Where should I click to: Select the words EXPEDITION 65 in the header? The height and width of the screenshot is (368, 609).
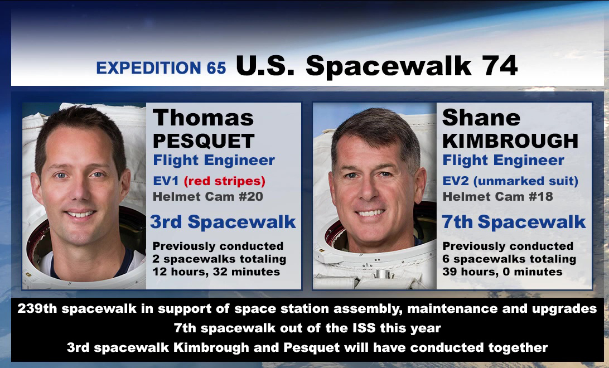click(161, 68)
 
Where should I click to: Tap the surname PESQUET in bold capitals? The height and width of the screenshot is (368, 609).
click(204, 141)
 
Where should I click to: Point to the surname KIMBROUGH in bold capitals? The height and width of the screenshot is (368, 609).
click(510, 141)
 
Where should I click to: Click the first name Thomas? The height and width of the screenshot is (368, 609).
click(203, 118)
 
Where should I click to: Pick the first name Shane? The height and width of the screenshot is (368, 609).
click(481, 118)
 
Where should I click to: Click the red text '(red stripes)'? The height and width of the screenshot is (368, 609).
click(225, 181)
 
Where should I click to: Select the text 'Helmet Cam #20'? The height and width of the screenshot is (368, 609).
click(208, 196)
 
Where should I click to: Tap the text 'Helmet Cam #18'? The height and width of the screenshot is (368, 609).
click(498, 196)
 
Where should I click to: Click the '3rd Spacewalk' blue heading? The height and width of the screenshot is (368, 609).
click(223, 222)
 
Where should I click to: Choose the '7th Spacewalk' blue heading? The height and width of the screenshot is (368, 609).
click(514, 222)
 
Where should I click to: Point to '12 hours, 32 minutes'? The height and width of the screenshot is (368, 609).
click(216, 272)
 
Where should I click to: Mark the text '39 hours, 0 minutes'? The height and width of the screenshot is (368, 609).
click(502, 272)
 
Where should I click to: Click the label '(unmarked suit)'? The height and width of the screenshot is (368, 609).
click(526, 181)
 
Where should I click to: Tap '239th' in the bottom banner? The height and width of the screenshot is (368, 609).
click(37, 308)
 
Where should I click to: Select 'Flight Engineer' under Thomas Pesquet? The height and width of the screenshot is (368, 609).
click(214, 160)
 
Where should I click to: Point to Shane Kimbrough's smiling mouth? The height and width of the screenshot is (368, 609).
click(370, 213)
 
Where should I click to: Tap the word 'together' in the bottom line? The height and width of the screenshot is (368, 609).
click(518, 348)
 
